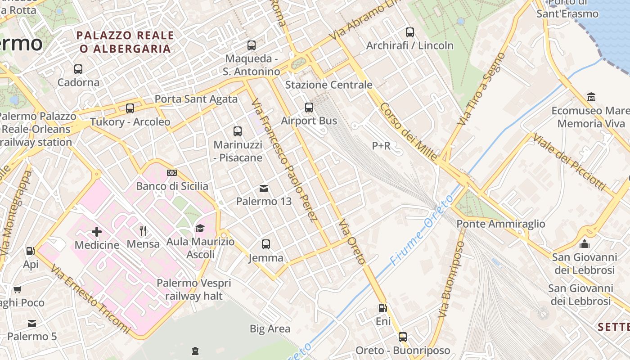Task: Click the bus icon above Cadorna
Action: tap(78, 69)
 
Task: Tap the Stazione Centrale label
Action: tap(328, 85)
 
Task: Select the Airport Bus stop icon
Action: tap(309, 108)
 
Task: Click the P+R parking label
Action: tap(381, 145)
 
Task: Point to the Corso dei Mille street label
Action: tap(409, 132)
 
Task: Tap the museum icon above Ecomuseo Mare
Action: tap(591, 97)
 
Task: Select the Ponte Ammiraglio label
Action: tap(500, 224)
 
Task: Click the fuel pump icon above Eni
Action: tap(382, 308)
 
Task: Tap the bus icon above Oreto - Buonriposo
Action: tap(403, 337)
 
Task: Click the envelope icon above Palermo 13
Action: tap(264, 188)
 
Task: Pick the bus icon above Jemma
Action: tap(266, 244)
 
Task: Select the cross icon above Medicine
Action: tap(97, 232)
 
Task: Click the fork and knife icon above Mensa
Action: tap(143, 231)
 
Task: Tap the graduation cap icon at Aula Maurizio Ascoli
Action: tap(200, 229)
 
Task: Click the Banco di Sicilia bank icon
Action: tap(172, 173)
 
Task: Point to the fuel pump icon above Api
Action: tap(30, 251)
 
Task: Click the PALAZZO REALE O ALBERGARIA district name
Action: tap(125, 41)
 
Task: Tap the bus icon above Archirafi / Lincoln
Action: tap(410, 32)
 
